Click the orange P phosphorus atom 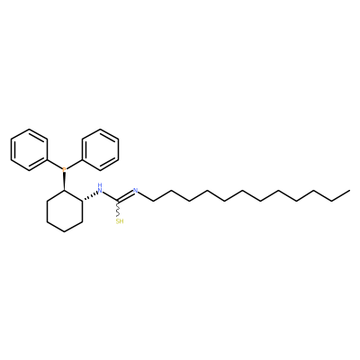[64, 170]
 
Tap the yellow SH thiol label [120, 221]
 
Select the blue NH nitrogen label [100, 188]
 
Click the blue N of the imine [135, 190]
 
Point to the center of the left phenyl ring [29, 150]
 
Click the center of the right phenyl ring [100, 150]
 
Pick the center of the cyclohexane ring [65, 211]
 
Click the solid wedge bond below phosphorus [64, 182]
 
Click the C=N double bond [125, 195]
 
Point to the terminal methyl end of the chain [349, 190]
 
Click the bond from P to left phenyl [55, 165]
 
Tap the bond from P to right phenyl [74, 165]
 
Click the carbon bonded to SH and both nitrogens [118, 201]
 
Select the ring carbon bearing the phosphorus [64, 190]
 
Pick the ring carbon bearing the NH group [82, 201]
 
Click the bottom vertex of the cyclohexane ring [65, 231]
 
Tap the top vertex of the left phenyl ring [29, 130]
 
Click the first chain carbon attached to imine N [153, 201]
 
